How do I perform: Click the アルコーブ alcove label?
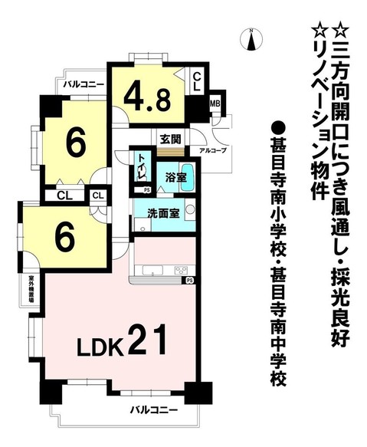point(212,150)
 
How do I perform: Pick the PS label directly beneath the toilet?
point(147,189)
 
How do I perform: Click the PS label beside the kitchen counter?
point(187,281)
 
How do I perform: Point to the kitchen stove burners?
point(181,269)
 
